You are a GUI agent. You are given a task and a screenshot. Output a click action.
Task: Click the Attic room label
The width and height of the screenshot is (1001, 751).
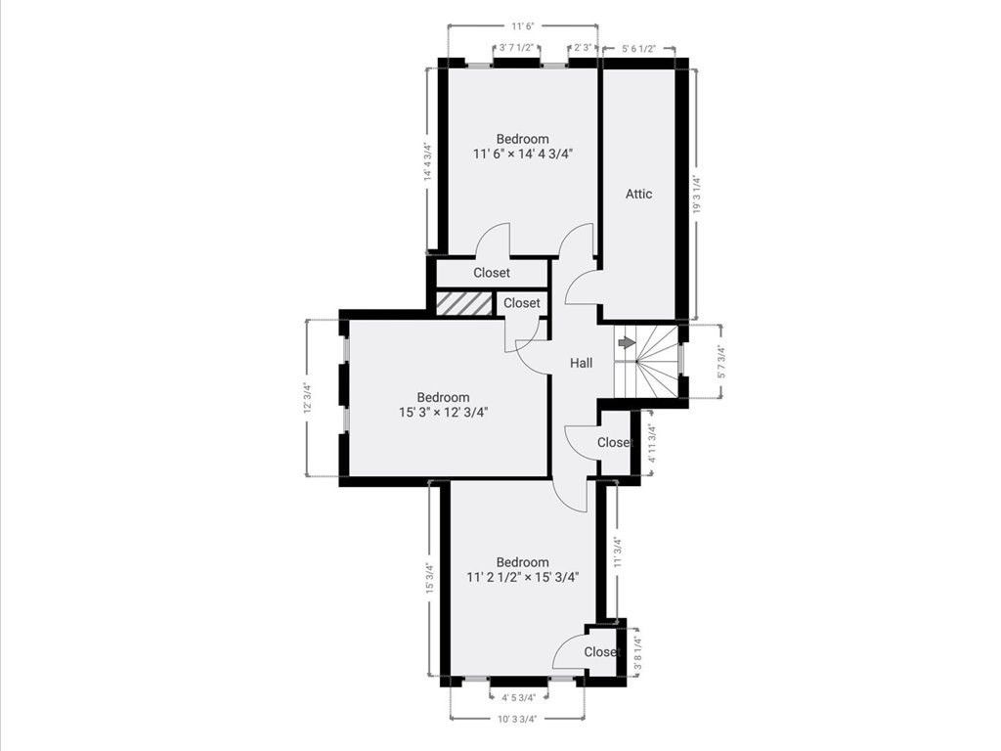(x=638, y=194)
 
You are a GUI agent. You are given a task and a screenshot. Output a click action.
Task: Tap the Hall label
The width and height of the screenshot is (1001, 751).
(x=582, y=363)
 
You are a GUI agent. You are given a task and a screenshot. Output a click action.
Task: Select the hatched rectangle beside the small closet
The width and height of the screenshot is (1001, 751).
(x=464, y=303)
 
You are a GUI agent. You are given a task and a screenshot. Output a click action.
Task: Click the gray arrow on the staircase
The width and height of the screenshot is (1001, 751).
(x=627, y=342)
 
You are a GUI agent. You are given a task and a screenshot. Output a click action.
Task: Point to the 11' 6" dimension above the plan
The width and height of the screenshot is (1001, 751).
(x=523, y=26)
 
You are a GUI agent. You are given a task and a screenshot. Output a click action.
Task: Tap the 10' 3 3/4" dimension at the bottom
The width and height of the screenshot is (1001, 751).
(x=517, y=719)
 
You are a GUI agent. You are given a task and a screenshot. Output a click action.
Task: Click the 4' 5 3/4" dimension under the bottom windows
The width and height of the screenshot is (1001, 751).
(x=518, y=697)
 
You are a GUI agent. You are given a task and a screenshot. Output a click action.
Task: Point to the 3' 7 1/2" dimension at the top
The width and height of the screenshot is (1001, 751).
(x=518, y=47)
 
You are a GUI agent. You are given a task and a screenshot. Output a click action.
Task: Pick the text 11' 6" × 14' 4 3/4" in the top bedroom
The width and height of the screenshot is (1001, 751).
(x=522, y=154)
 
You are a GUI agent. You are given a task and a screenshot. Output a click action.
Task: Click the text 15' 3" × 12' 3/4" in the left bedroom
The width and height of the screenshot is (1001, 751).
(x=443, y=412)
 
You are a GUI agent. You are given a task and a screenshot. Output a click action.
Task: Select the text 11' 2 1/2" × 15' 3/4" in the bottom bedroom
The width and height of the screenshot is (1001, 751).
(x=522, y=577)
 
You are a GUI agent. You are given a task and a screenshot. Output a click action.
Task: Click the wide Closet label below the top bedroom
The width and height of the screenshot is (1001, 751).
(x=492, y=273)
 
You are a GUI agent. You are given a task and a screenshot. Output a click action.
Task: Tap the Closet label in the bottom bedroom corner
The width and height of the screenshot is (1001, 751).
(x=601, y=652)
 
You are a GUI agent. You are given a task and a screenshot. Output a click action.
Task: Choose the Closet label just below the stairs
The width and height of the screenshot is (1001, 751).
(x=614, y=443)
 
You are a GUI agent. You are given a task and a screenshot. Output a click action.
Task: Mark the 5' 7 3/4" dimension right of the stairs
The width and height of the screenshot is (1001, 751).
(x=721, y=362)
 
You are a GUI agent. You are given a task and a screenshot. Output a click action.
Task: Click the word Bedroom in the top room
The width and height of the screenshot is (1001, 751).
(x=522, y=139)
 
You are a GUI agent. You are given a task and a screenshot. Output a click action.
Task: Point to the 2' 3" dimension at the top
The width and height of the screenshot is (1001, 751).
(x=583, y=47)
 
